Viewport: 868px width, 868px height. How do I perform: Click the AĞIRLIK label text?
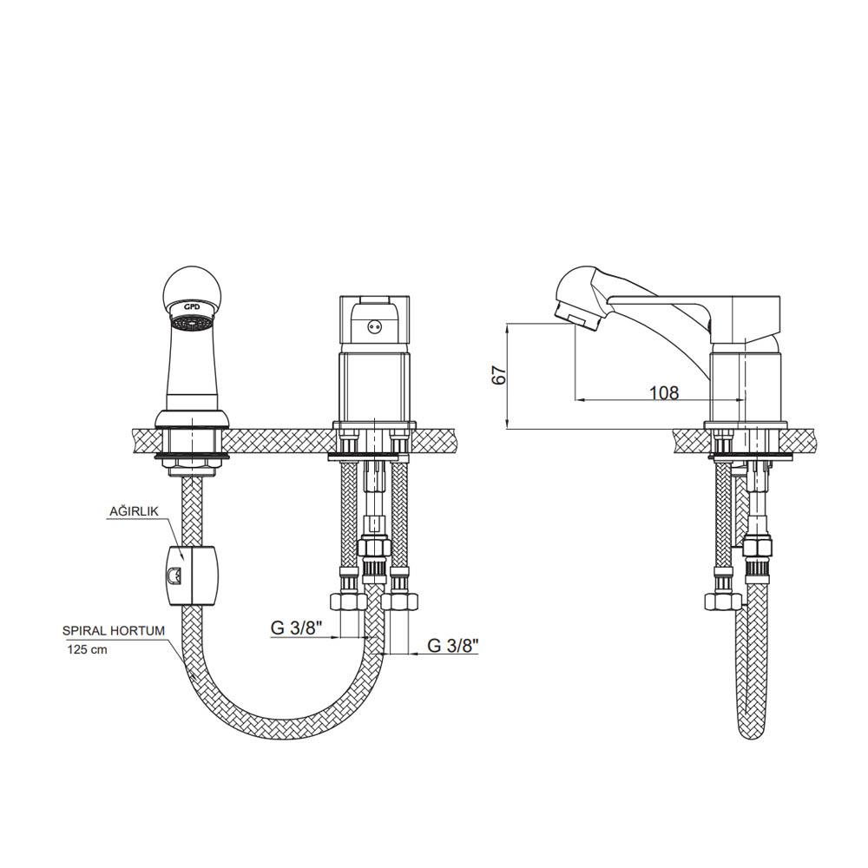point(134,511)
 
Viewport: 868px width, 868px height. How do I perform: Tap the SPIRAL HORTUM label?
point(114,630)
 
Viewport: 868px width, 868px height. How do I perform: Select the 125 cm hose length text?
point(88,649)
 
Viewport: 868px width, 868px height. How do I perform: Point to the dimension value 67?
point(499,375)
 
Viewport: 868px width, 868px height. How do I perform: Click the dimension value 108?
point(664,392)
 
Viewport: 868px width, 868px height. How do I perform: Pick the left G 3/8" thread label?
point(296,628)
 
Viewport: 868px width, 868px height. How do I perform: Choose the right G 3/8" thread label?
point(453,645)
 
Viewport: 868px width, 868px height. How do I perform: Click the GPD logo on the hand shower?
point(192,306)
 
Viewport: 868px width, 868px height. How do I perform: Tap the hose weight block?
point(191,575)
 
